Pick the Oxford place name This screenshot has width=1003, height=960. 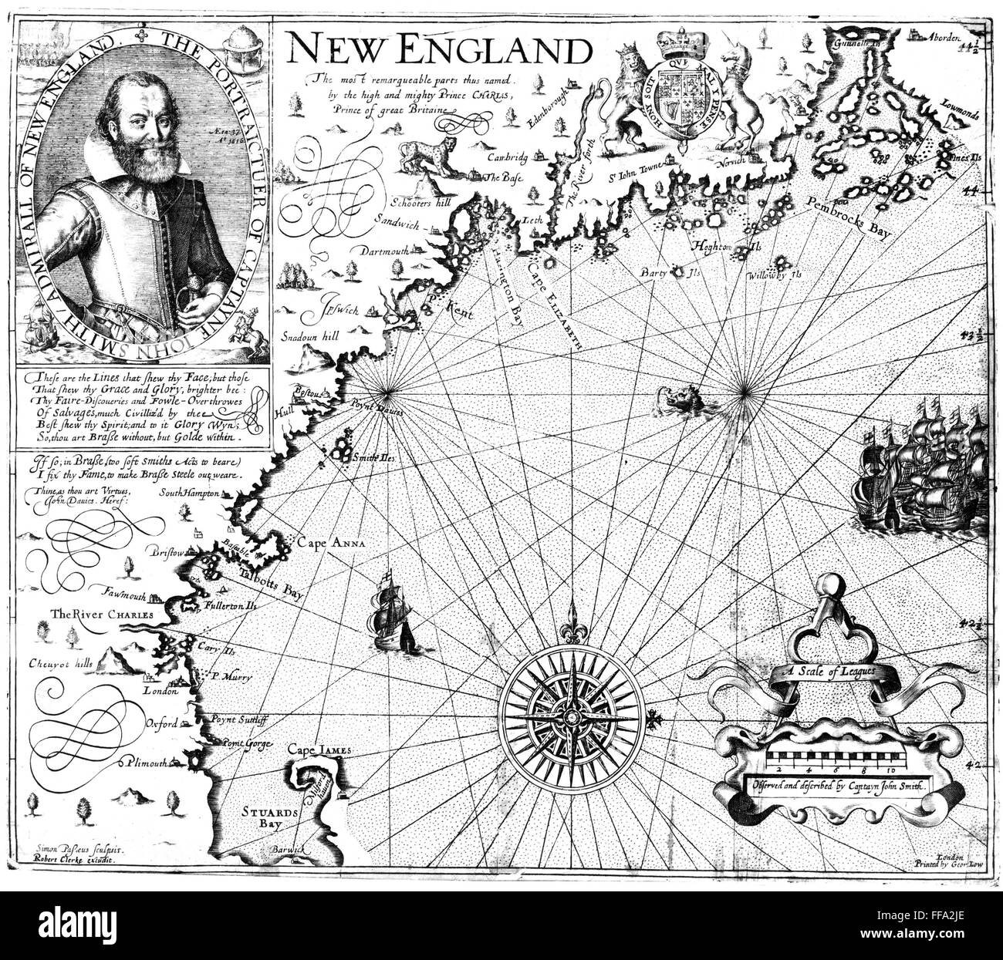(x=163, y=723)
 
